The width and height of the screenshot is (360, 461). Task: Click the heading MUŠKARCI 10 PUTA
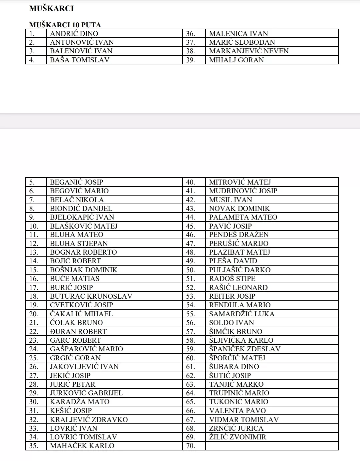pos(65,25)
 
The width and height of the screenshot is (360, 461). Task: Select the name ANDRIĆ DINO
pos(74,33)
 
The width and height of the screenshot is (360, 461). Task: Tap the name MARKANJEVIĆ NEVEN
pos(249,51)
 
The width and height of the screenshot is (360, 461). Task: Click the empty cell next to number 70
pos(272,446)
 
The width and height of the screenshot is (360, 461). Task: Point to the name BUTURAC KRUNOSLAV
pos(91,296)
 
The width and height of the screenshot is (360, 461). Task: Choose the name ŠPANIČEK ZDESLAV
pos(245,349)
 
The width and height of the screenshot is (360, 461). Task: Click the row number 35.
pos(34,446)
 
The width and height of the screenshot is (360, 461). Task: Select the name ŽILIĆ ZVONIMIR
pos(238,437)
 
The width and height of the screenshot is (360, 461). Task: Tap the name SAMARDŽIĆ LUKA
pos(242,314)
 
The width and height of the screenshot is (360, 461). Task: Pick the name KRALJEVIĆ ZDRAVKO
pos(89,419)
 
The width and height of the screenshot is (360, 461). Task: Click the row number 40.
pos(190,182)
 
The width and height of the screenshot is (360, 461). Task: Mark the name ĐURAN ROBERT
pos(78,331)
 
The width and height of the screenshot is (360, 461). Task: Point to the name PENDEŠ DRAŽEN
pos(239,234)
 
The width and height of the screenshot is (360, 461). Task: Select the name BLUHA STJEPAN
pos(79,243)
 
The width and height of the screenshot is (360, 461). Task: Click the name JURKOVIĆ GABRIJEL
pos(86,393)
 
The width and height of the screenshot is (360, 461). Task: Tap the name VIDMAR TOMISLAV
pos(244,419)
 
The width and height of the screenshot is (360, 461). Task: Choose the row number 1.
pos(32,33)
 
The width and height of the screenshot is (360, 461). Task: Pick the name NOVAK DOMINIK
pos(239,208)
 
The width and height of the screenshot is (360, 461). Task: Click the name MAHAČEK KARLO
pos(82,446)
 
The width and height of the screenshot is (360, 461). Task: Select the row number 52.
pos(190,287)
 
